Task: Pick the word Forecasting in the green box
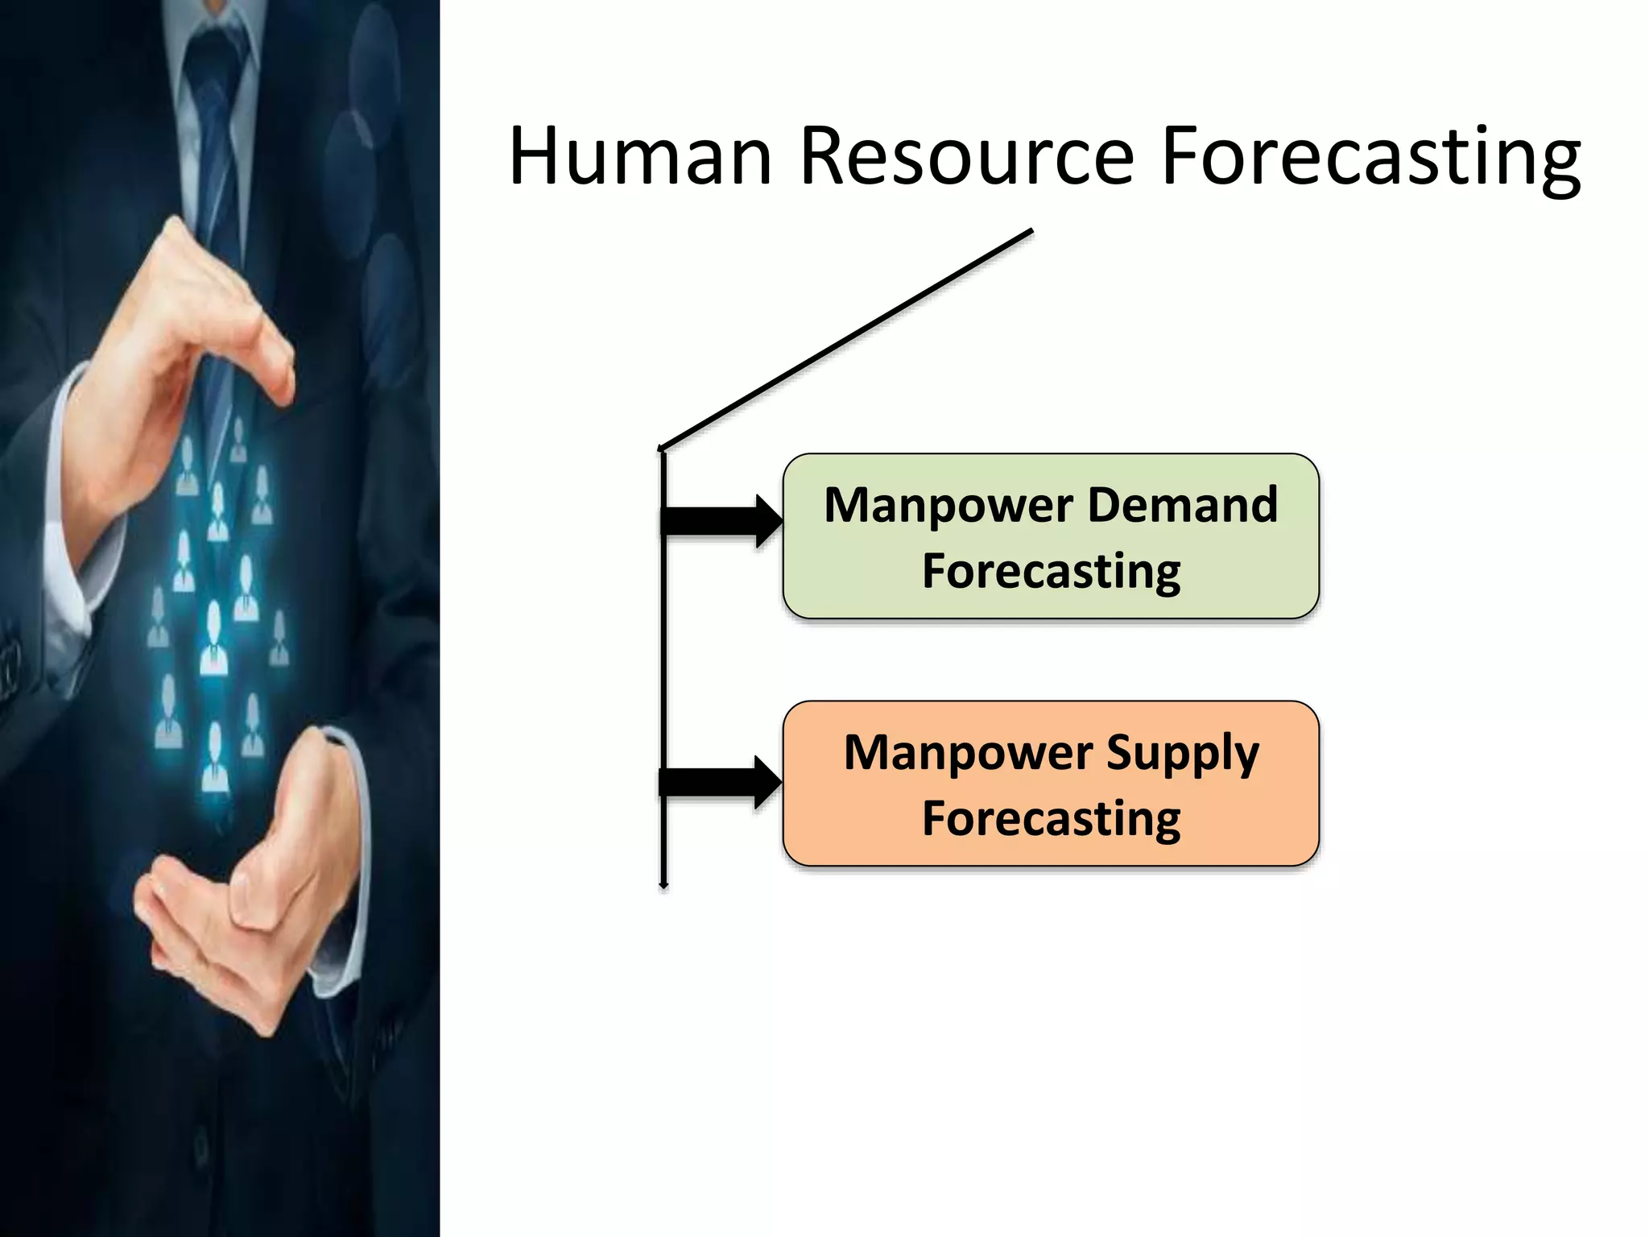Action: pyautogui.click(x=1051, y=572)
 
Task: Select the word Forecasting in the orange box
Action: pyautogui.click(x=1051, y=819)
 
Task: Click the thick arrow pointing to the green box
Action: pyautogui.click(x=721, y=521)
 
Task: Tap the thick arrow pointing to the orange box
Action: pyautogui.click(x=719, y=782)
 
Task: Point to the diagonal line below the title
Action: pyautogui.click(x=845, y=339)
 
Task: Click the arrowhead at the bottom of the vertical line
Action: pyautogui.click(x=663, y=885)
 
